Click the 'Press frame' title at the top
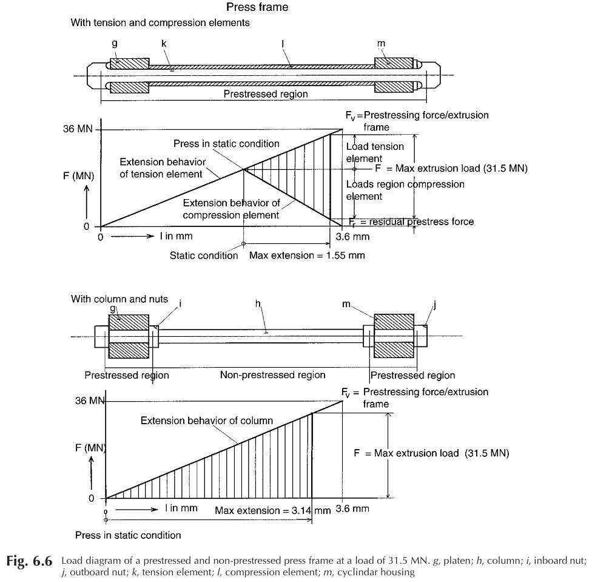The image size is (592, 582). coord(257,7)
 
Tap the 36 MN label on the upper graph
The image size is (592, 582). coord(78,129)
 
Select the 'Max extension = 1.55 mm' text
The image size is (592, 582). coord(307,255)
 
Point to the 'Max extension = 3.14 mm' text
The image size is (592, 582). coord(272,510)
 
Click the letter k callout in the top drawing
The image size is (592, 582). coord(164,44)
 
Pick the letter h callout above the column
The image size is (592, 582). coord(258,303)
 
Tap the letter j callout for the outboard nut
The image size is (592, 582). coord(434,305)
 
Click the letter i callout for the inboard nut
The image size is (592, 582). coord(180,303)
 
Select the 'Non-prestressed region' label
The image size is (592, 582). coord(272,374)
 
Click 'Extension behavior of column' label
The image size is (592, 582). coord(206,421)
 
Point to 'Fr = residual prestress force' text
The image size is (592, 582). coord(411,222)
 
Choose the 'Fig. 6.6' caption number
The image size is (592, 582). coord(29,561)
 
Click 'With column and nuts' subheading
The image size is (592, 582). coord(119,299)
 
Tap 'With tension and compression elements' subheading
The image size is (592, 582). coord(160,22)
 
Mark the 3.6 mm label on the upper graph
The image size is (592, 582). coord(352,237)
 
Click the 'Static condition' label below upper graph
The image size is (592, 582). coord(204,255)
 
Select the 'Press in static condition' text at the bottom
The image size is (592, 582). coord(128,535)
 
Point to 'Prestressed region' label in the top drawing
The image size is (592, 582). coord(266,94)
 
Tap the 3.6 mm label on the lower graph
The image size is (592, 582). coord(352,509)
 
